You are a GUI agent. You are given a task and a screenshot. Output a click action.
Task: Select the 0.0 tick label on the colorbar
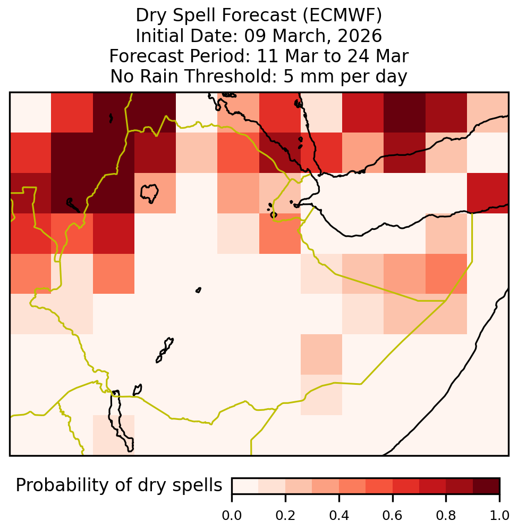click(232, 515)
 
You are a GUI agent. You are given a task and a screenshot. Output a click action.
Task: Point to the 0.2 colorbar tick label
click(285, 515)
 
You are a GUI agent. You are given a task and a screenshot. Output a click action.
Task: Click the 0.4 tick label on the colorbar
click(339, 515)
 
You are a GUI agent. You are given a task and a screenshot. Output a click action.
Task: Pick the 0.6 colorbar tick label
click(393, 515)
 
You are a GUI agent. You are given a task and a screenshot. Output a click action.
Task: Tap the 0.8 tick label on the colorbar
click(446, 515)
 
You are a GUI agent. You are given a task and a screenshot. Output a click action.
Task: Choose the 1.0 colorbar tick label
click(499, 515)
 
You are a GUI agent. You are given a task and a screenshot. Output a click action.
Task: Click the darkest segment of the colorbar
click(486, 486)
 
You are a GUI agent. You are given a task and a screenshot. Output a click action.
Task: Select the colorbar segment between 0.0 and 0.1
click(245, 486)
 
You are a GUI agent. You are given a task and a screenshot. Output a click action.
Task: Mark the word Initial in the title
click(161, 36)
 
